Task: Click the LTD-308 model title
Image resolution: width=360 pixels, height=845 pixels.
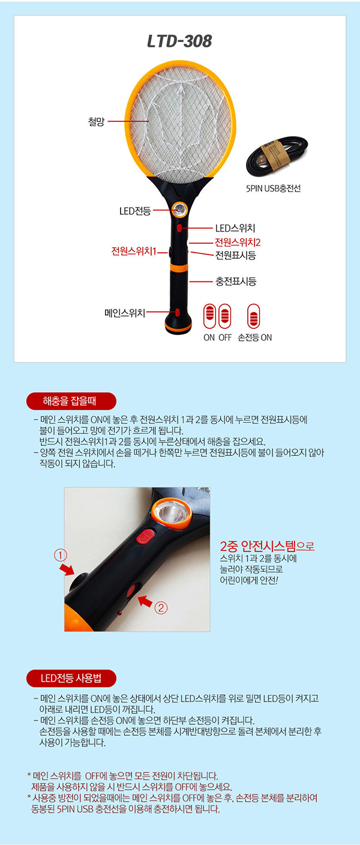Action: pyautogui.click(x=179, y=41)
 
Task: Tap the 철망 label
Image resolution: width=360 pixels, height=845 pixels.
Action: pyautogui.click(x=96, y=121)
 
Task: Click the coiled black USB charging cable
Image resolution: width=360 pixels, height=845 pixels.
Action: pyautogui.click(x=277, y=156)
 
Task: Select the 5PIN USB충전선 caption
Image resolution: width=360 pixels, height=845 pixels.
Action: pyautogui.click(x=273, y=188)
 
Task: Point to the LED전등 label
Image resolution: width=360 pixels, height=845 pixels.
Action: pyautogui.click(x=135, y=211)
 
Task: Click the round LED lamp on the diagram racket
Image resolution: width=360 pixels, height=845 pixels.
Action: pyautogui.click(x=180, y=209)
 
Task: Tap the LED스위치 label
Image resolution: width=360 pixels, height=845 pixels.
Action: pyautogui.click(x=235, y=228)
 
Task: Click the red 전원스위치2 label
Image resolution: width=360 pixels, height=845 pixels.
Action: pyautogui.click(x=238, y=242)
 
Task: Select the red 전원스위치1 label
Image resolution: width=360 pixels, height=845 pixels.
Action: pyautogui.click(x=134, y=251)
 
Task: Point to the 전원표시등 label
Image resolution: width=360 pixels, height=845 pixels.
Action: pyautogui.click(x=236, y=256)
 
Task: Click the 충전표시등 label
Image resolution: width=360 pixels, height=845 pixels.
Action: pyautogui.click(x=236, y=281)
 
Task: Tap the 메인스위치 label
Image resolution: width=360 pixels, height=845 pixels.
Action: pyautogui.click(x=125, y=313)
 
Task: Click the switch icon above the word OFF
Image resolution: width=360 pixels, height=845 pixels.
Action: pyautogui.click(x=225, y=316)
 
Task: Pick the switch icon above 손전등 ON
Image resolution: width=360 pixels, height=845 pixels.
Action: pyautogui.click(x=254, y=316)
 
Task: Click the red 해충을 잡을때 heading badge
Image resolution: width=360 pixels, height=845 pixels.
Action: pyautogui.click(x=71, y=401)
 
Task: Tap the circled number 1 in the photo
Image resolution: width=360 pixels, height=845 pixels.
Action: pyautogui.click(x=61, y=555)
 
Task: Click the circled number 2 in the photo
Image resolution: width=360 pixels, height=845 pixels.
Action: pyautogui.click(x=161, y=608)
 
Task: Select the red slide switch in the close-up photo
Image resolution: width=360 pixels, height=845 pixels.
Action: pyautogui.click(x=145, y=537)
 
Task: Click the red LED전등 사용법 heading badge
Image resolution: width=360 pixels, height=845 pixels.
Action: pyautogui.click(x=71, y=678)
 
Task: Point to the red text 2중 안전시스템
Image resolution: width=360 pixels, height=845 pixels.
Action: pyautogui.click(x=258, y=546)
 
